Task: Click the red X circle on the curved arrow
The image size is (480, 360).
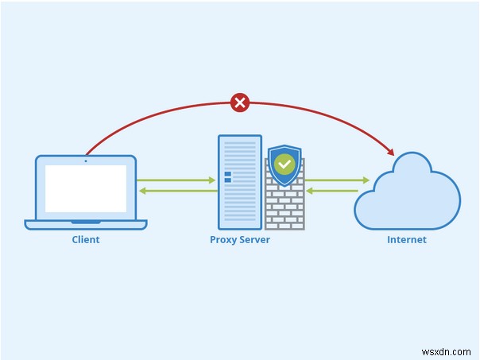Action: (239, 102)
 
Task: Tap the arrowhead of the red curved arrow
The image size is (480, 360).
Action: (389, 150)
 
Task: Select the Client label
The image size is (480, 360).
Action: (86, 239)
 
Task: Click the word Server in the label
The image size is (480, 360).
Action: (255, 239)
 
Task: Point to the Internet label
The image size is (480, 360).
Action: (407, 239)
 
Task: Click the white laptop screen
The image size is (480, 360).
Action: (86, 189)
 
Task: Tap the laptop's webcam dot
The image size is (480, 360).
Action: (86, 161)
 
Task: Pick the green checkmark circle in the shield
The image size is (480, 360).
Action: (284, 165)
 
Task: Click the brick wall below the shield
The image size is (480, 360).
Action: (284, 207)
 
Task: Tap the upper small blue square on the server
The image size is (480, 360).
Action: (227, 173)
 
